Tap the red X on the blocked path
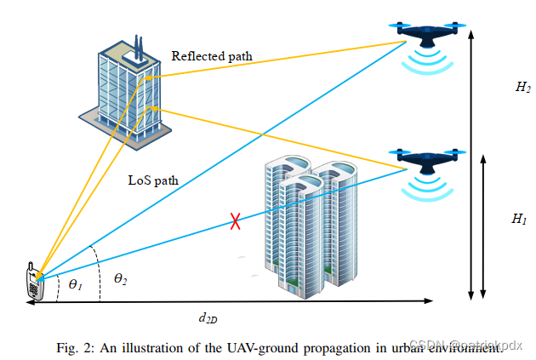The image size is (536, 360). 236,223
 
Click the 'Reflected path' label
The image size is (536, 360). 212,57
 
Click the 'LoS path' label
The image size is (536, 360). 152,180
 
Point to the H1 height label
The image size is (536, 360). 519,219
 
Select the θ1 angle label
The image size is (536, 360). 76,284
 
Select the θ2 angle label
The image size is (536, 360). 122,278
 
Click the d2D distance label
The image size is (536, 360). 207,317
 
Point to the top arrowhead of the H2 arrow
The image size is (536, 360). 470,32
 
